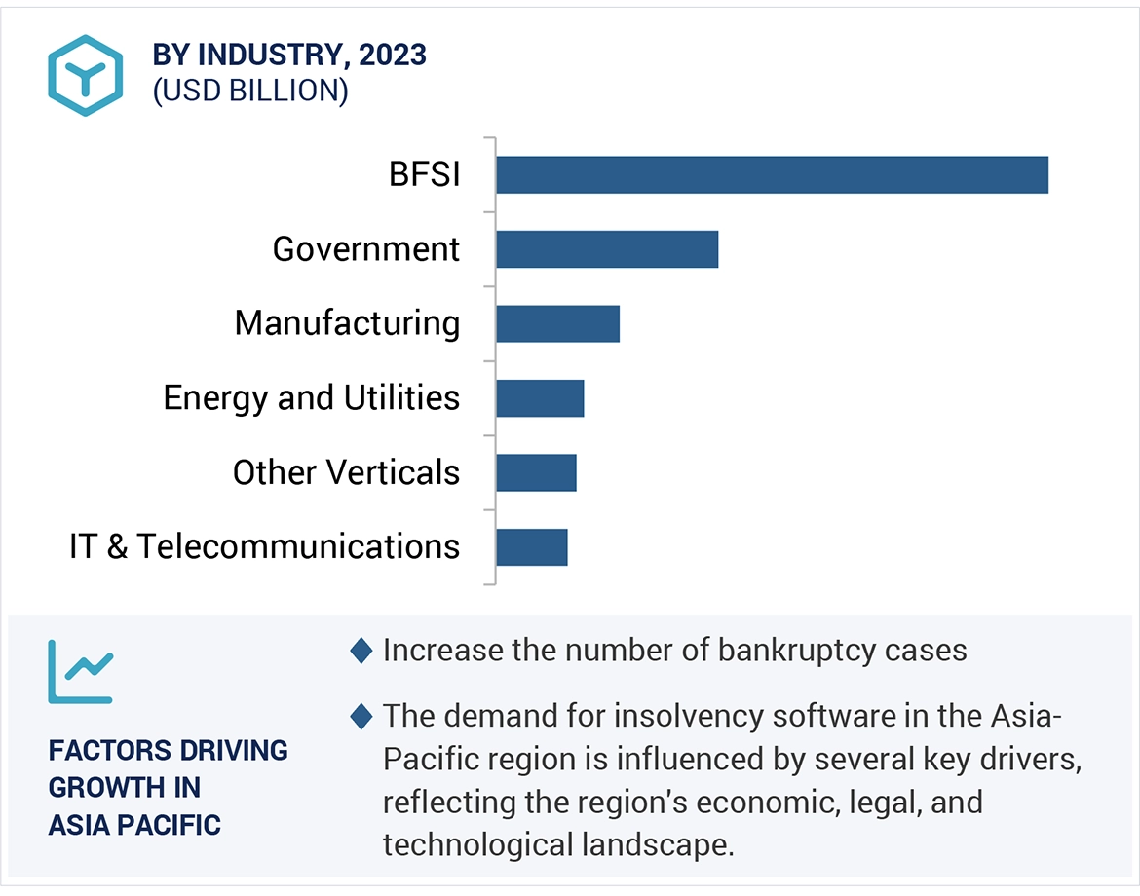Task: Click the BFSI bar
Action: tap(772, 175)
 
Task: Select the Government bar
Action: tap(606, 249)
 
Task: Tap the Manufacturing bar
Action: tap(557, 323)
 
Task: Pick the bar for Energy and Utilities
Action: tap(540, 398)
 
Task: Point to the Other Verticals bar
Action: tap(536, 472)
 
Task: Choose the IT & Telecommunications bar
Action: tap(531, 546)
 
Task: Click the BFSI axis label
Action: tap(424, 175)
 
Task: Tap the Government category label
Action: tap(365, 249)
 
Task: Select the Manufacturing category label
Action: tap(347, 323)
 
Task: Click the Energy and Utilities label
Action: tap(311, 398)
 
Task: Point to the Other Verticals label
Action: tap(346, 472)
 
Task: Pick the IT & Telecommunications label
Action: tap(264, 546)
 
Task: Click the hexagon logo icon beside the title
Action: tap(86, 75)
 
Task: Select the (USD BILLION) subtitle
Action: tap(249, 91)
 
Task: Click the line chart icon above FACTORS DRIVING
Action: tap(80, 671)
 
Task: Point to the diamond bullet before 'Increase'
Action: tap(361, 651)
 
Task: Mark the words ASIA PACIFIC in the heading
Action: tap(134, 826)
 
